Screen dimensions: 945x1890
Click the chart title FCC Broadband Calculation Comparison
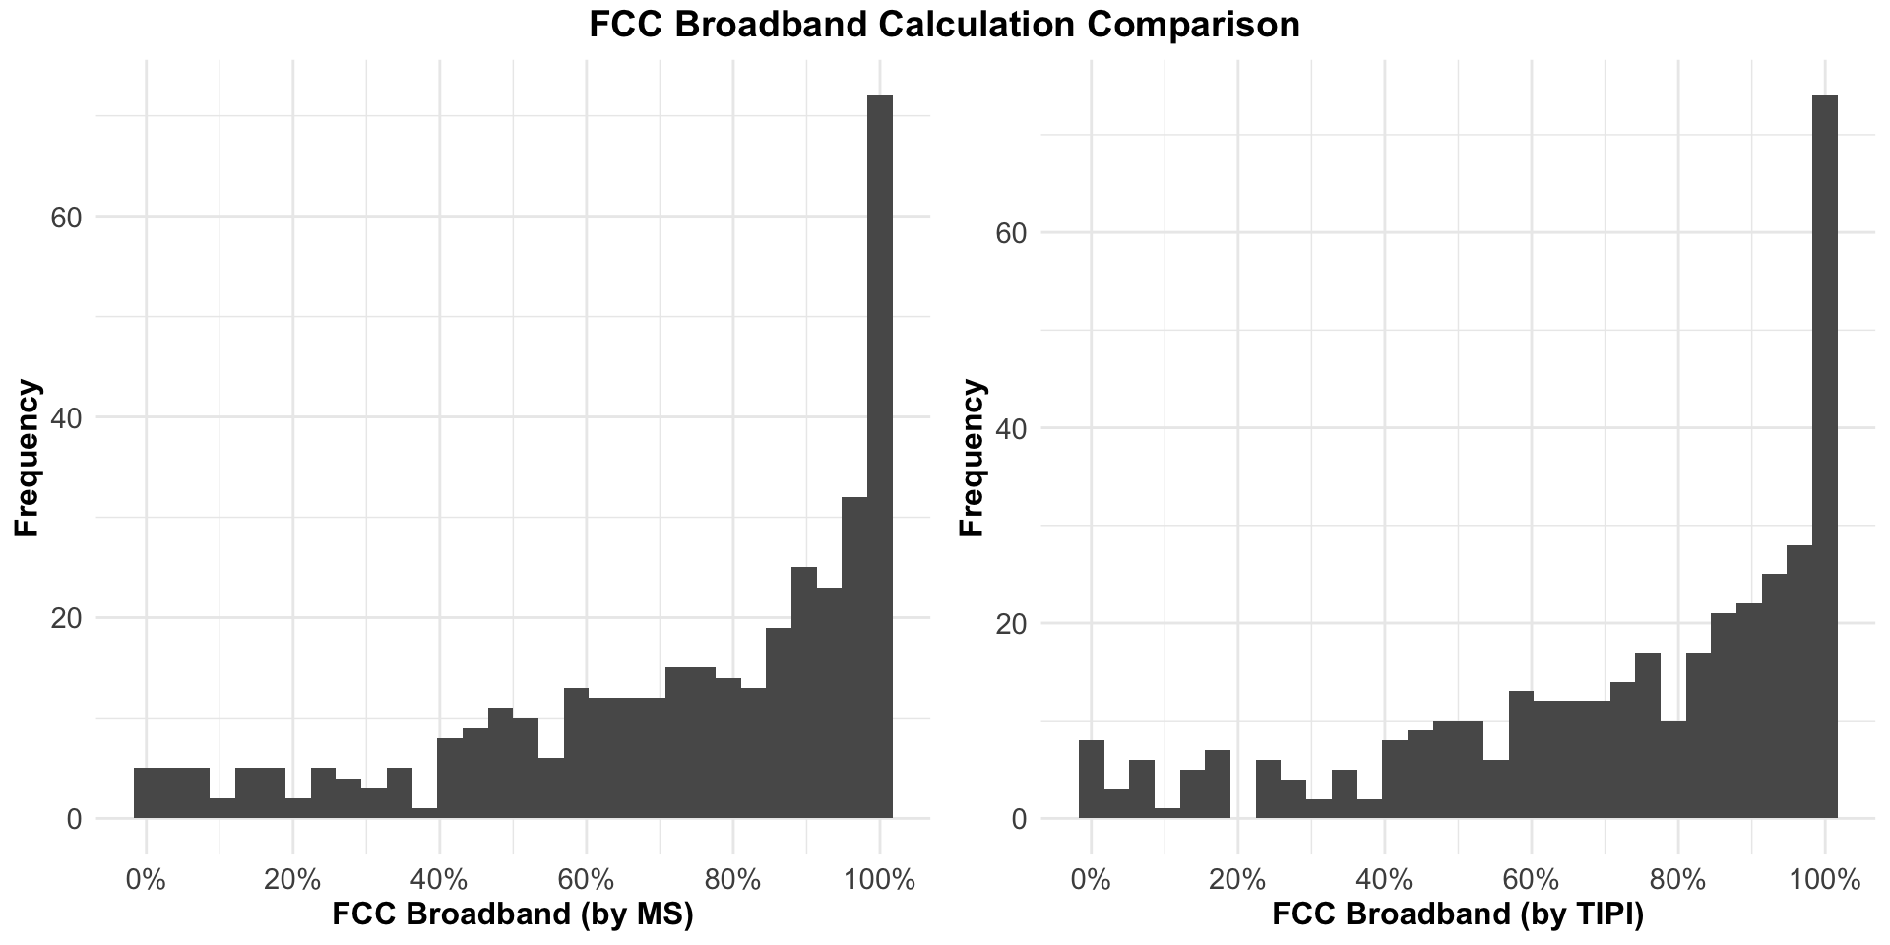tap(944, 25)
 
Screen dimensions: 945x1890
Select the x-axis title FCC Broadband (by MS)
tap(513, 914)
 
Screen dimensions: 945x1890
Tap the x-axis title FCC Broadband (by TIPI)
tap(1458, 914)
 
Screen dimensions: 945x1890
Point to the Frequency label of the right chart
tap(972, 457)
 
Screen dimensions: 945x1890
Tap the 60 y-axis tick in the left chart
tap(65, 218)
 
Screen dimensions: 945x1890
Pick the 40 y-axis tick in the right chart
tap(1010, 429)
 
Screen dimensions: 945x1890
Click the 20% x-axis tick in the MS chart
tap(292, 879)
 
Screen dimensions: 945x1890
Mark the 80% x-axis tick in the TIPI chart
tap(1677, 879)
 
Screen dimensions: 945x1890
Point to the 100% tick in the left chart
tap(879, 879)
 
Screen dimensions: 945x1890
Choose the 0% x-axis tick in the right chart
tap(1090, 879)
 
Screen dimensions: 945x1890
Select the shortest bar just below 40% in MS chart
tap(425, 813)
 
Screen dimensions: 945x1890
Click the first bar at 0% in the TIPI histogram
tap(1091, 779)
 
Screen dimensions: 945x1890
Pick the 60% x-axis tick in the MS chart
tap(586, 879)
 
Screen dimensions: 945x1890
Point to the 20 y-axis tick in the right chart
tap(1010, 624)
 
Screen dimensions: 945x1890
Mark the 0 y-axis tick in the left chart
tap(74, 819)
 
